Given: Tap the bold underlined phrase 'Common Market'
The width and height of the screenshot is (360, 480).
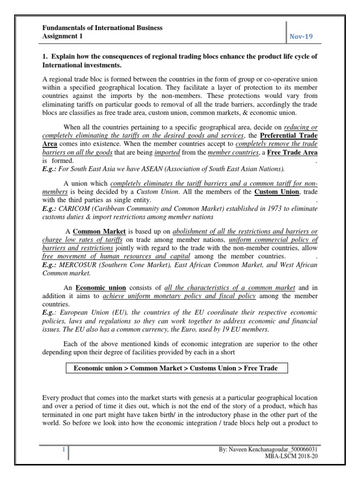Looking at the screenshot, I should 99,232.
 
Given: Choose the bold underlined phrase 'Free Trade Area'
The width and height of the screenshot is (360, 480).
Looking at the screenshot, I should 292,153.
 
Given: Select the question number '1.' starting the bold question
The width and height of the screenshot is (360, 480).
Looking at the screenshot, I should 45,56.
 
